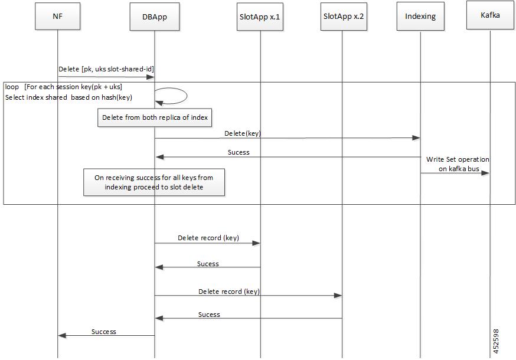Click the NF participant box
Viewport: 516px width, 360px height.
(58, 17)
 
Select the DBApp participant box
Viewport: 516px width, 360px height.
(155, 17)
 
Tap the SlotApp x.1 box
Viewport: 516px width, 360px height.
(260, 17)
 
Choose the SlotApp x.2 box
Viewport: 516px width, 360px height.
(344, 17)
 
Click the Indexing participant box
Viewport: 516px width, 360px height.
(420, 17)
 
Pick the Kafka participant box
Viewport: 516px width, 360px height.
(490, 15)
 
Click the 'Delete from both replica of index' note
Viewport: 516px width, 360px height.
(155, 117)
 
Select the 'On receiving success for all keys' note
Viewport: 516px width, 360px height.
(154, 182)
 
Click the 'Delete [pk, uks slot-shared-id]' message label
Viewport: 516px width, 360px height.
(106, 69)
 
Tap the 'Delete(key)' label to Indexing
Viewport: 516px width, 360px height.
(243, 133)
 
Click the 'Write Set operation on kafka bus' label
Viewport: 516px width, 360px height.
(458, 164)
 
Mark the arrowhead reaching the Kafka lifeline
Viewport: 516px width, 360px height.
(485, 173)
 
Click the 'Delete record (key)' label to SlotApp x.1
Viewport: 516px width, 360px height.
(208, 238)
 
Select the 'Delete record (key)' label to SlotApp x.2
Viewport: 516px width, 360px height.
(229, 291)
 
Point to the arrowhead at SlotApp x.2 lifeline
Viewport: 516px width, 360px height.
(338, 296)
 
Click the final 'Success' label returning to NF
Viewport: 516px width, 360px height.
(104, 332)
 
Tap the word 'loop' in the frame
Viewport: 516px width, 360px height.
(12, 87)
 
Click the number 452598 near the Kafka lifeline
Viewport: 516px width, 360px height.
(496, 341)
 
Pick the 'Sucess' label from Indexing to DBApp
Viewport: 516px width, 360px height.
(239, 152)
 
